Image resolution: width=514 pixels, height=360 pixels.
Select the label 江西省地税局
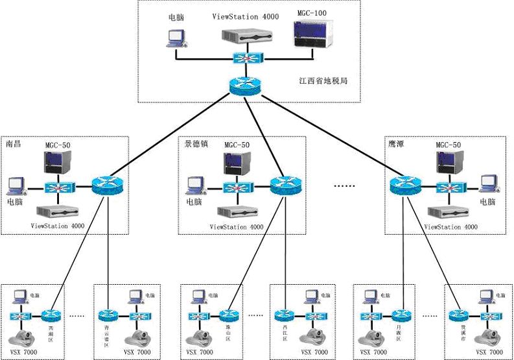pos(324,82)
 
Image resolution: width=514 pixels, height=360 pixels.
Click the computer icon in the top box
pos(174,38)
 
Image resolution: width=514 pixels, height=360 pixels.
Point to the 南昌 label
pos(14,143)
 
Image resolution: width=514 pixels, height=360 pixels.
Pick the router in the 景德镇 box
pos(285,187)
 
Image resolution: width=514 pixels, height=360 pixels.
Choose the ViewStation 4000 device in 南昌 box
pos(57,212)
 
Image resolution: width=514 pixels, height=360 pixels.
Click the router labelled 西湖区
pos(51,316)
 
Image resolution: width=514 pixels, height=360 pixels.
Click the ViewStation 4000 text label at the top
pos(246,16)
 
